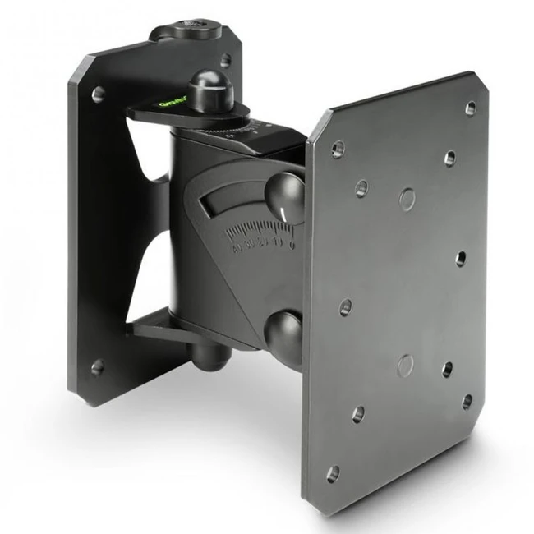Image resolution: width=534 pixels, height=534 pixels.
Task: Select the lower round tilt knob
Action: click(283, 331)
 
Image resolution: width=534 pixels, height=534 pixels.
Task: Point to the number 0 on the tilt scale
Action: click(294, 244)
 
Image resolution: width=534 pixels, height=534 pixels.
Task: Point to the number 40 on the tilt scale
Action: click(236, 246)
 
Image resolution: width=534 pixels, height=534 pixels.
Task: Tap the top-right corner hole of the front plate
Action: click(470, 108)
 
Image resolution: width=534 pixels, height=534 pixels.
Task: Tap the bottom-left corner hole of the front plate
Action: click(333, 474)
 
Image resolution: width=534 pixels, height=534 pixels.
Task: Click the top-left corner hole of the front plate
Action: click(337, 150)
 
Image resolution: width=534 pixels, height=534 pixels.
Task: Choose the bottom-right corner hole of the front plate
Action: click(466, 401)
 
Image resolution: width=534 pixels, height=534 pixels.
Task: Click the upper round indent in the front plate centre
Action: click(407, 198)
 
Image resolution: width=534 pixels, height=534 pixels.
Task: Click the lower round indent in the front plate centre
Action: click(404, 363)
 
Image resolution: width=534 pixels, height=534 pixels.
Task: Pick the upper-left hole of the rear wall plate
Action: click(98, 94)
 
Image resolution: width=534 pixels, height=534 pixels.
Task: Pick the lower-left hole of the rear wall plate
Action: click(97, 367)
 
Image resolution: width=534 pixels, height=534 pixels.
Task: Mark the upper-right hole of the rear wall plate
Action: click(224, 60)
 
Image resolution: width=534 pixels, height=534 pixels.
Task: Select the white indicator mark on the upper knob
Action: click(286, 213)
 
